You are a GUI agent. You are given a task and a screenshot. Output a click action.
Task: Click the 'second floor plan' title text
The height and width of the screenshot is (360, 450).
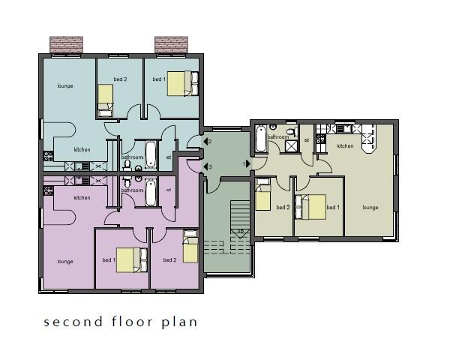point(120,322)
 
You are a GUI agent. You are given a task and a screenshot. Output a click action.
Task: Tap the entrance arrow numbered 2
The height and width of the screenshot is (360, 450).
point(205,142)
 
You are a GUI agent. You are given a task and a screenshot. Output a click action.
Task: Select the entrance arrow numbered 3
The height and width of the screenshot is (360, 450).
point(205,166)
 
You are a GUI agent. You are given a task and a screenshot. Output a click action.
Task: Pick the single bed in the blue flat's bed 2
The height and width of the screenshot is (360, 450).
point(105,98)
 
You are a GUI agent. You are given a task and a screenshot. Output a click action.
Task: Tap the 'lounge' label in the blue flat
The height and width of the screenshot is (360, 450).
point(65,86)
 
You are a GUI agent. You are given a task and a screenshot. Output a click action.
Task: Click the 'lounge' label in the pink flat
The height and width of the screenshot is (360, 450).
point(65,262)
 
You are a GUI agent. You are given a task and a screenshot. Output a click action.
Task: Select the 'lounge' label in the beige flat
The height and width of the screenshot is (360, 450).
point(370,207)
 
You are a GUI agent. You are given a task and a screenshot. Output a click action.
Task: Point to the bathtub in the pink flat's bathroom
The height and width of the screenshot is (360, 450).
point(151,193)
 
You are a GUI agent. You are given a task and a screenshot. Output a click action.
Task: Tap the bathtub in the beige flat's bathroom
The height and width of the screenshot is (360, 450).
point(260,139)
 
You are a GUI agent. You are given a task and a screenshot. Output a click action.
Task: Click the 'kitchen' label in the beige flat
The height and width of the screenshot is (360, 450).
point(345,146)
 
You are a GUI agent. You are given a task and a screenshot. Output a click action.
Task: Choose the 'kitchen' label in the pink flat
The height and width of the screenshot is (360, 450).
point(82,198)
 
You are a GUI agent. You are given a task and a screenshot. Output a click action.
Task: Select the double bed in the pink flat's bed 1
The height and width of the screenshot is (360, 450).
point(132,259)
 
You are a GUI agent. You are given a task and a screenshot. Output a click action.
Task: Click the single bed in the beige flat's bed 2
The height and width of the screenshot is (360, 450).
point(262,196)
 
